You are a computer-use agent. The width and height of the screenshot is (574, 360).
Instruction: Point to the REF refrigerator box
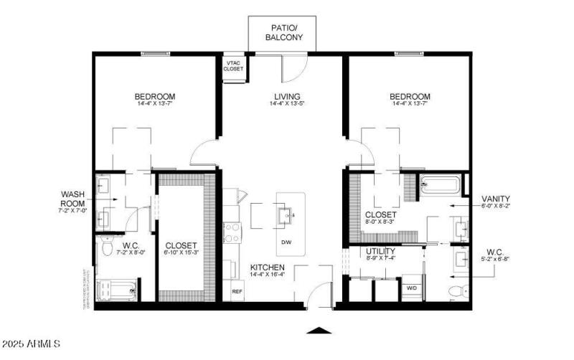237,292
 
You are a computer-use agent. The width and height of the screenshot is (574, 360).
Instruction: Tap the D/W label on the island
286,241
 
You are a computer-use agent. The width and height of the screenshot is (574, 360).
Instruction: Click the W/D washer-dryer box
413,288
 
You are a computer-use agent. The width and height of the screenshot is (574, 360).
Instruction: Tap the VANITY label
495,198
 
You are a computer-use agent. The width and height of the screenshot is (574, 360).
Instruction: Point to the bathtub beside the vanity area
439,185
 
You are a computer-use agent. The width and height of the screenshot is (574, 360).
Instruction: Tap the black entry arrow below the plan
319,331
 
